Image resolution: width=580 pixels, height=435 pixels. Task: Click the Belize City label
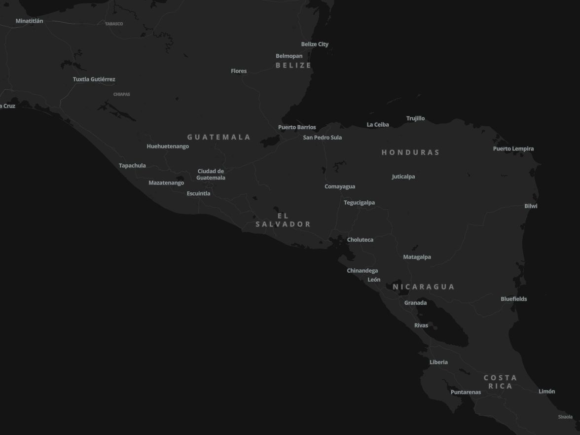click(315, 44)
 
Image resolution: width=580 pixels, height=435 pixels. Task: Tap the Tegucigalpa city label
click(359, 203)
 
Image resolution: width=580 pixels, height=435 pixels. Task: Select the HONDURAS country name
click(410, 152)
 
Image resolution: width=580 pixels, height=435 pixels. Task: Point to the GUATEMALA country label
click(219, 137)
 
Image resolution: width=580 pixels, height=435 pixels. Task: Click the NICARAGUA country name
click(423, 287)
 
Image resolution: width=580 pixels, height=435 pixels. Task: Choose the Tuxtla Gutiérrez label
click(94, 79)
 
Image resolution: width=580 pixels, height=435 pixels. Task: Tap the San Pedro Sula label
click(322, 138)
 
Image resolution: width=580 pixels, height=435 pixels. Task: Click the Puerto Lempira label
click(513, 149)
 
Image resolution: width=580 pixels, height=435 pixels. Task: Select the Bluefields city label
click(513, 299)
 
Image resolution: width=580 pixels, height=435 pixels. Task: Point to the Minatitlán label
click(30, 21)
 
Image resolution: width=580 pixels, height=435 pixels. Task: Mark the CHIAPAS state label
click(122, 94)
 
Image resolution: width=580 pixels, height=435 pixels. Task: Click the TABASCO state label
click(114, 24)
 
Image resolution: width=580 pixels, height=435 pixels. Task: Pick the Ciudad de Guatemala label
click(211, 175)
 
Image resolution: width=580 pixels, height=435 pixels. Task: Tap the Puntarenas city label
click(466, 393)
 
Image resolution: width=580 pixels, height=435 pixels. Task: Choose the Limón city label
click(546, 392)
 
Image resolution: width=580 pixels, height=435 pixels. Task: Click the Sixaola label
click(565, 417)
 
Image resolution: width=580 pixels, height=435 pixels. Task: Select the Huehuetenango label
click(168, 146)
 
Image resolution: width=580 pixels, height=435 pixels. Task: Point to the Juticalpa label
click(403, 177)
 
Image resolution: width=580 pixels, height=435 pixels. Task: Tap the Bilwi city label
click(531, 206)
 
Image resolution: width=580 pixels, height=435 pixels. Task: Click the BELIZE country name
click(293, 65)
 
